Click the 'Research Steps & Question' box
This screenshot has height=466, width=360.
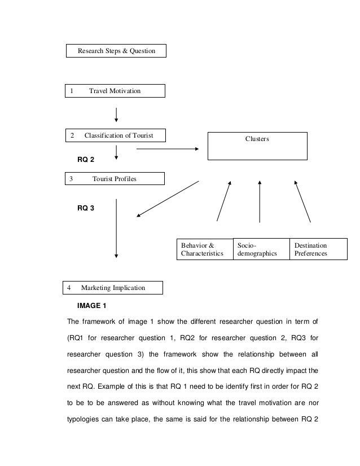pyautogui.click(x=117, y=52)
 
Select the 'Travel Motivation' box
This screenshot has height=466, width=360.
pyautogui.click(x=115, y=91)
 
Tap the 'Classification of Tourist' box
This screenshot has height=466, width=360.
pyautogui.click(x=115, y=135)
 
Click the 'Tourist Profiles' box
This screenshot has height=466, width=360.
pyautogui.click(x=115, y=179)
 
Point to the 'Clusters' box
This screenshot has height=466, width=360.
pyautogui.click(x=258, y=146)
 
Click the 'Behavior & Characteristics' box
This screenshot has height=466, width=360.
pyautogui.click(x=205, y=249)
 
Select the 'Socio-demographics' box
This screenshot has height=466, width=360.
pyautogui.click(x=260, y=249)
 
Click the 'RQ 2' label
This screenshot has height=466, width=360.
pyautogui.click(x=86, y=160)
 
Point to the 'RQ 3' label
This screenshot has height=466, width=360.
pyautogui.click(x=86, y=208)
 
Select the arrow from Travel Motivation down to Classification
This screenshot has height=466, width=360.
pyautogui.click(x=116, y=113)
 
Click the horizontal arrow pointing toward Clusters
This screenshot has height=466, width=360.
pyautogui.click(x=168, y=149)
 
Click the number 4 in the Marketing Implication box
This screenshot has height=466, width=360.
pyautogui.click(x=69, y=288)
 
